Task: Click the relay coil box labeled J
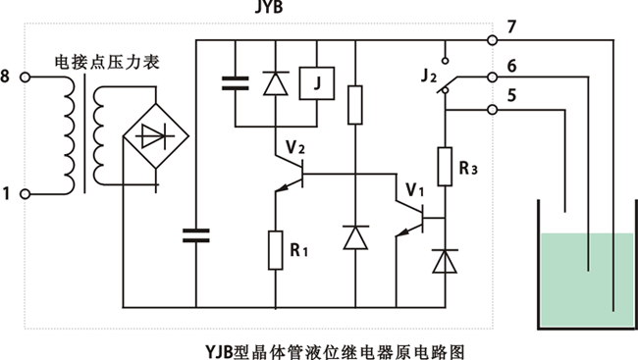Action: [x=316, y=83]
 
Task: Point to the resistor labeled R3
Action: [x=447, y=165]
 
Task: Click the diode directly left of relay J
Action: [x=276, y=83]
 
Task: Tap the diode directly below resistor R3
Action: [x=447, y=260]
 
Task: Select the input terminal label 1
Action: [x=11, y=195]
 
